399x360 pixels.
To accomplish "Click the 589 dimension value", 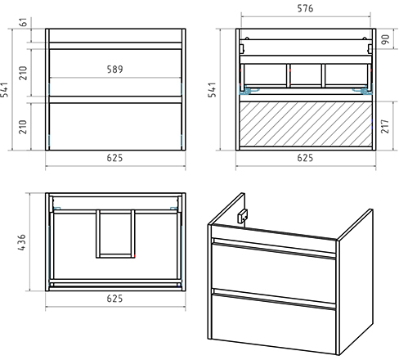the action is tap(114, 70).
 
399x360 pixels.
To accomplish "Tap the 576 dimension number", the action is tap(305, 8).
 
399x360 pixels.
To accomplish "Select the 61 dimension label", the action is tap(24, 22).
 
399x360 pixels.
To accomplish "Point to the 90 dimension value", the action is tap(385, 39).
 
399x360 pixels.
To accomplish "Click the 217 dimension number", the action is tap(384, 126).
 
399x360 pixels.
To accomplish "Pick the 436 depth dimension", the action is tap(21, 242).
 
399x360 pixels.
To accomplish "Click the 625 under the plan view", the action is tap(114, 299).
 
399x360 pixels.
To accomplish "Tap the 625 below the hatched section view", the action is tap(305, 158).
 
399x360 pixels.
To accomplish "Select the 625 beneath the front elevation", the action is tap(114, 158).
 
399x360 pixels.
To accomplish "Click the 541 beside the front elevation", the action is tap(4, 89).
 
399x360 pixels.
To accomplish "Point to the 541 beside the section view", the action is tap(212, 89).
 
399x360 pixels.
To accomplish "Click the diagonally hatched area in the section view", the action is tap(306, 124).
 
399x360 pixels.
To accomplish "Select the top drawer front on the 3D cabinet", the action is tap(273, 269).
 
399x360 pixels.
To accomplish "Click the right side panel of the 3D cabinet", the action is tap(356, 281).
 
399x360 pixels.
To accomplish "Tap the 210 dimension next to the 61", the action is tap(24, 73).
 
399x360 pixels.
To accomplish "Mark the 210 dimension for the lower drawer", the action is tap(24, 127).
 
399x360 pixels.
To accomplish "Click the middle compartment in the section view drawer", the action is tap(306, 74).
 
